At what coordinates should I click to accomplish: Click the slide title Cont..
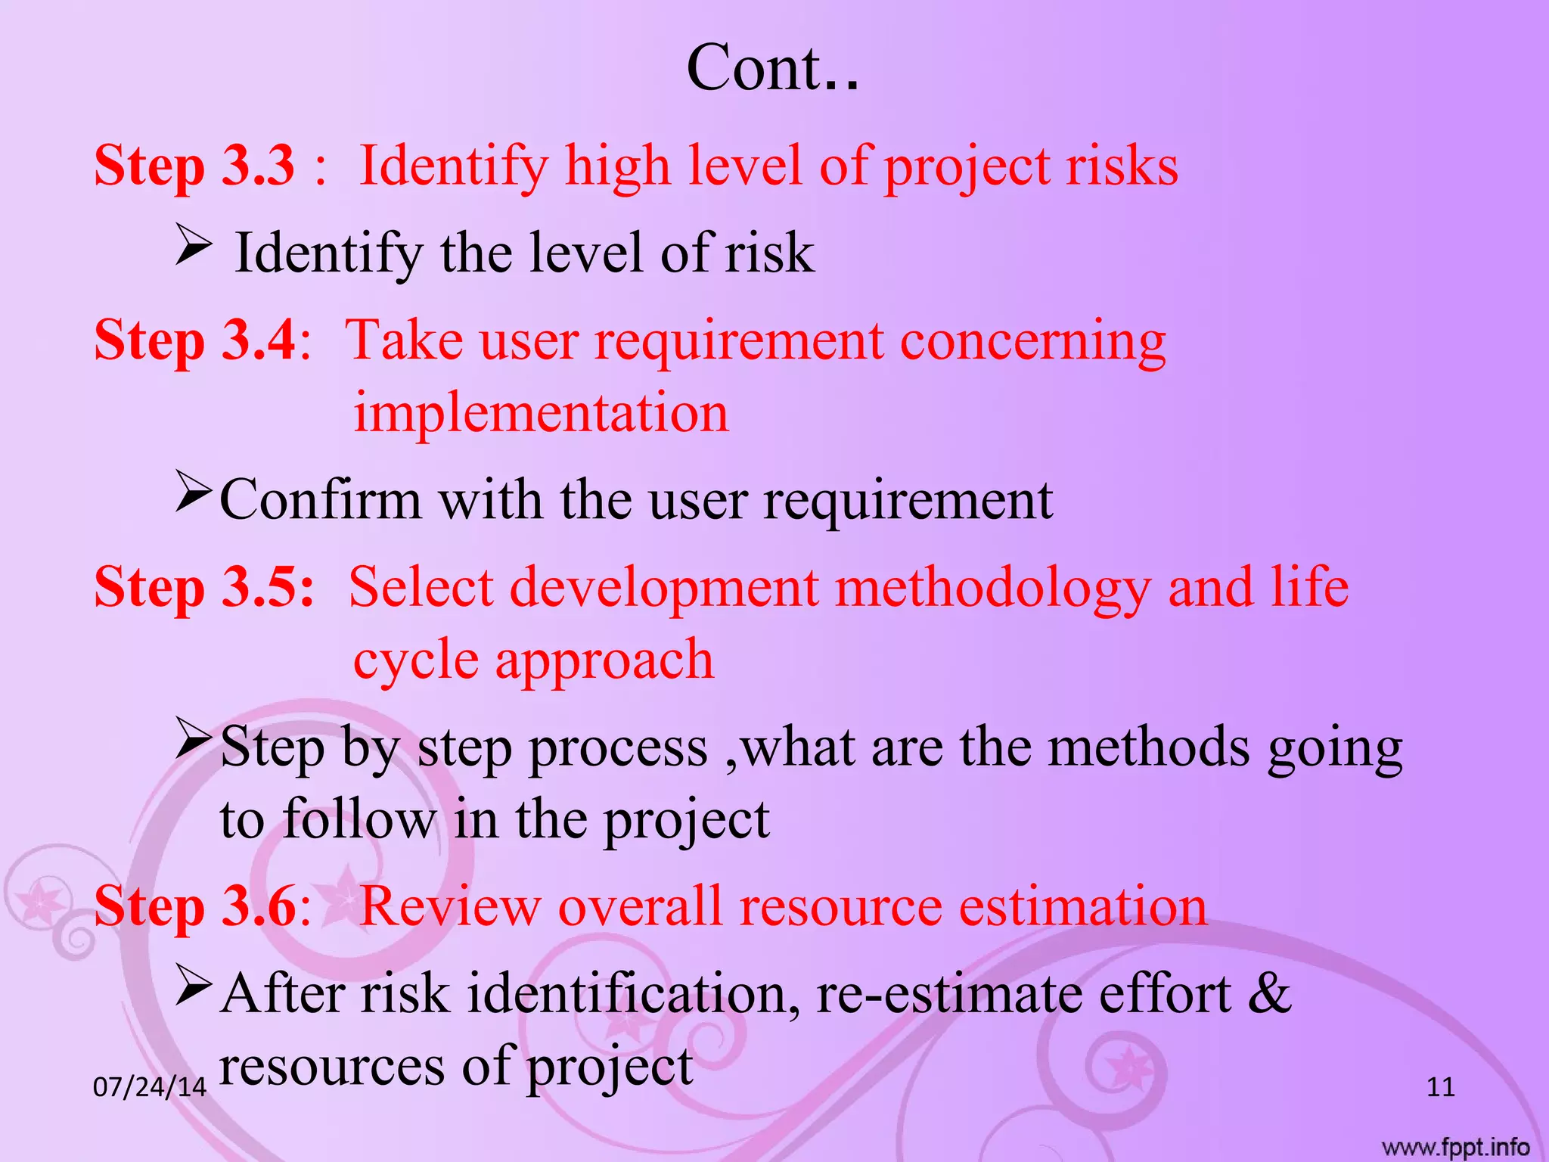pos(772,68)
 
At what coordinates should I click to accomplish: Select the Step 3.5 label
pos(203,587)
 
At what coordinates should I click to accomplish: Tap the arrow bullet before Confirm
pos(193,491)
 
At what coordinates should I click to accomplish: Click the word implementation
pos(541,413)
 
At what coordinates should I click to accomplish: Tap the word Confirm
pos(320,499)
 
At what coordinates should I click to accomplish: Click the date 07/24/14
pos(149,1087)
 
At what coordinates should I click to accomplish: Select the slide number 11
pos(1440,1087)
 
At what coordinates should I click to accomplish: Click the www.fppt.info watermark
pos(1455,1147)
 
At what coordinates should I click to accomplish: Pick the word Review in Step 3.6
pos(450,906)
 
